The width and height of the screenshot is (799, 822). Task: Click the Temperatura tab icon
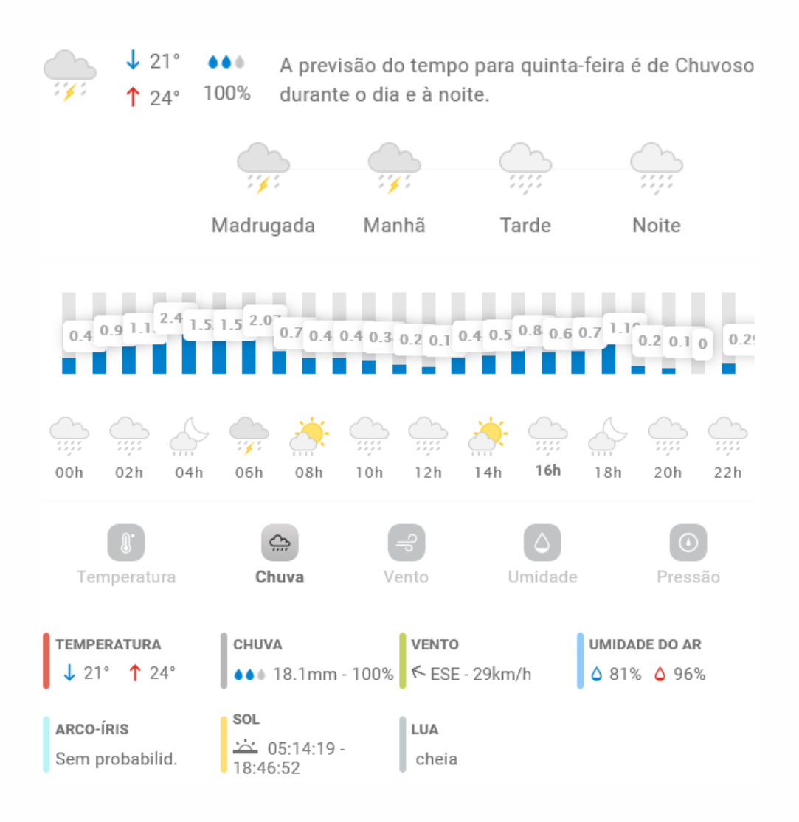(126, 544)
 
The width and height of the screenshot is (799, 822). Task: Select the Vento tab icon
(407, 544)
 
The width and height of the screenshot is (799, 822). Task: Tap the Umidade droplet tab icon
(542, 544)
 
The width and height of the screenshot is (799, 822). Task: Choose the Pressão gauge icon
(688, 544)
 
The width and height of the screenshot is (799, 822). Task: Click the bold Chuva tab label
(280, 577)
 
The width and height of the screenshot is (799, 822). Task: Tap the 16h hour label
(547, 471)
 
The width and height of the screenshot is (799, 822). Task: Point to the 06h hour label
(249, 473)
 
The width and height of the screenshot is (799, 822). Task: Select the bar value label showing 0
(702, 343)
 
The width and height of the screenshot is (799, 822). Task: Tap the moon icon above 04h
(188, 434)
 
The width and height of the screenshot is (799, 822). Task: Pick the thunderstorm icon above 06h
(249, 434)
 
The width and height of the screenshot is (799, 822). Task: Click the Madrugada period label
(263, 226)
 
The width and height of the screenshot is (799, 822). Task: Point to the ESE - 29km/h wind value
(480, 674)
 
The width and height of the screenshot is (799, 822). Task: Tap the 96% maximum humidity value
(689, 674)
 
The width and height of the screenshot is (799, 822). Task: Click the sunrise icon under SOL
(246, 748)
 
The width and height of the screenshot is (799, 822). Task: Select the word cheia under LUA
(436, 759)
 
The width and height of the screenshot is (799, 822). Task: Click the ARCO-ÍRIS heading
(92, 729)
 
